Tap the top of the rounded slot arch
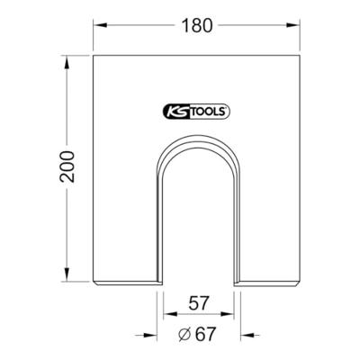pyautogui.click(x=199, y=136)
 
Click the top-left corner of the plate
pyautogui.click(x=94, y=56)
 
